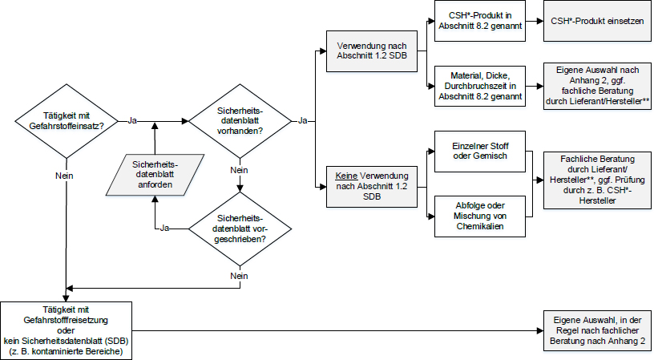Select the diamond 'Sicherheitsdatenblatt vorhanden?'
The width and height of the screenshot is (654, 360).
239,120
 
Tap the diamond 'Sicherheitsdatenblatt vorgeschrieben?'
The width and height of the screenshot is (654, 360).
239,228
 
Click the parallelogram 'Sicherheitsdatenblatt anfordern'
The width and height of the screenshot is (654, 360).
154,176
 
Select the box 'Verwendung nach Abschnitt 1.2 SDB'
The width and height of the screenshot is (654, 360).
365,51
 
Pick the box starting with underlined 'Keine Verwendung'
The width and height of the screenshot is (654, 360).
365,187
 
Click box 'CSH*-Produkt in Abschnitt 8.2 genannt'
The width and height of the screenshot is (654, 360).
478,20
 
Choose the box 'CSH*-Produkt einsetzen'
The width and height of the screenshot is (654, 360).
597,20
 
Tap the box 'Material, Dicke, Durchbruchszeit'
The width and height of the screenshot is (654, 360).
478,85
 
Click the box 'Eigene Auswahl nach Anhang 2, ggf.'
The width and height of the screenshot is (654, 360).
597,85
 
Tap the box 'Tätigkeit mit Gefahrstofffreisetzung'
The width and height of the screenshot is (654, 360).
67,330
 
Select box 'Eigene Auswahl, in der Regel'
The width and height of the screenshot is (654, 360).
597,330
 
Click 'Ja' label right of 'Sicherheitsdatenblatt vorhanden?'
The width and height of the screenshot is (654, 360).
303,120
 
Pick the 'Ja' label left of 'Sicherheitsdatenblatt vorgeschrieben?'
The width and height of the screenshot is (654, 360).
164,228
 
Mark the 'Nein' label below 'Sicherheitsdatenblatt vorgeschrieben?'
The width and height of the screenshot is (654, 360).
239,275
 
